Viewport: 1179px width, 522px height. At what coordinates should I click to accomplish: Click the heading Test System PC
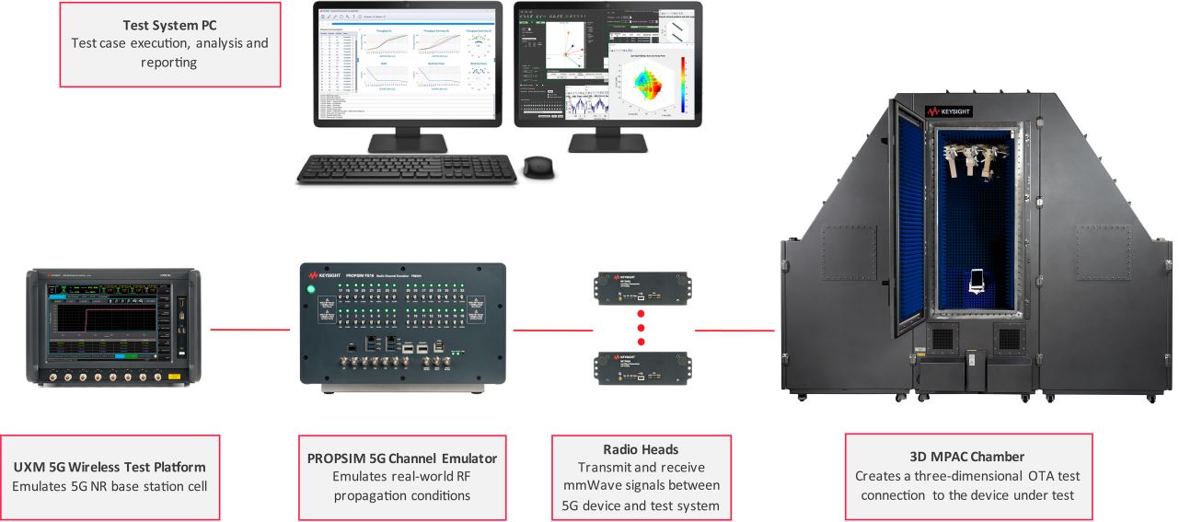pyautogui.click(x=170, y=25)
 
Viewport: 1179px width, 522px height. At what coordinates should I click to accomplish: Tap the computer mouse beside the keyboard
pyautogui.click(x=538, y=167)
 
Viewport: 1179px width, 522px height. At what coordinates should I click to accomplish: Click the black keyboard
pyautogui.click(x=406, y=168)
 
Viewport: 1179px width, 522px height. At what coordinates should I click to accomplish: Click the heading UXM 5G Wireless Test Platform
pyautogui.click(x=110, y=468)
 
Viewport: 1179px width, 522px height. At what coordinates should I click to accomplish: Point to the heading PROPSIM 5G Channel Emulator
pyautogui.click(x=402, y=458)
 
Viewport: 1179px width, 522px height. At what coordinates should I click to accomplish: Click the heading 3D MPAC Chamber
pyautogui.click(x=967, y=456)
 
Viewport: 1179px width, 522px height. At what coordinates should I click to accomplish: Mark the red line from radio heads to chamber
pyautogui.click(x=734, y=330)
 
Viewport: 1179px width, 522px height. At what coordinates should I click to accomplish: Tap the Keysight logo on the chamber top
pyautogui.click(x=948, y=111)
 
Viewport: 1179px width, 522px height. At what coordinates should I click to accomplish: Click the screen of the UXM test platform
pyautogui.click(x=99, y=317)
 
